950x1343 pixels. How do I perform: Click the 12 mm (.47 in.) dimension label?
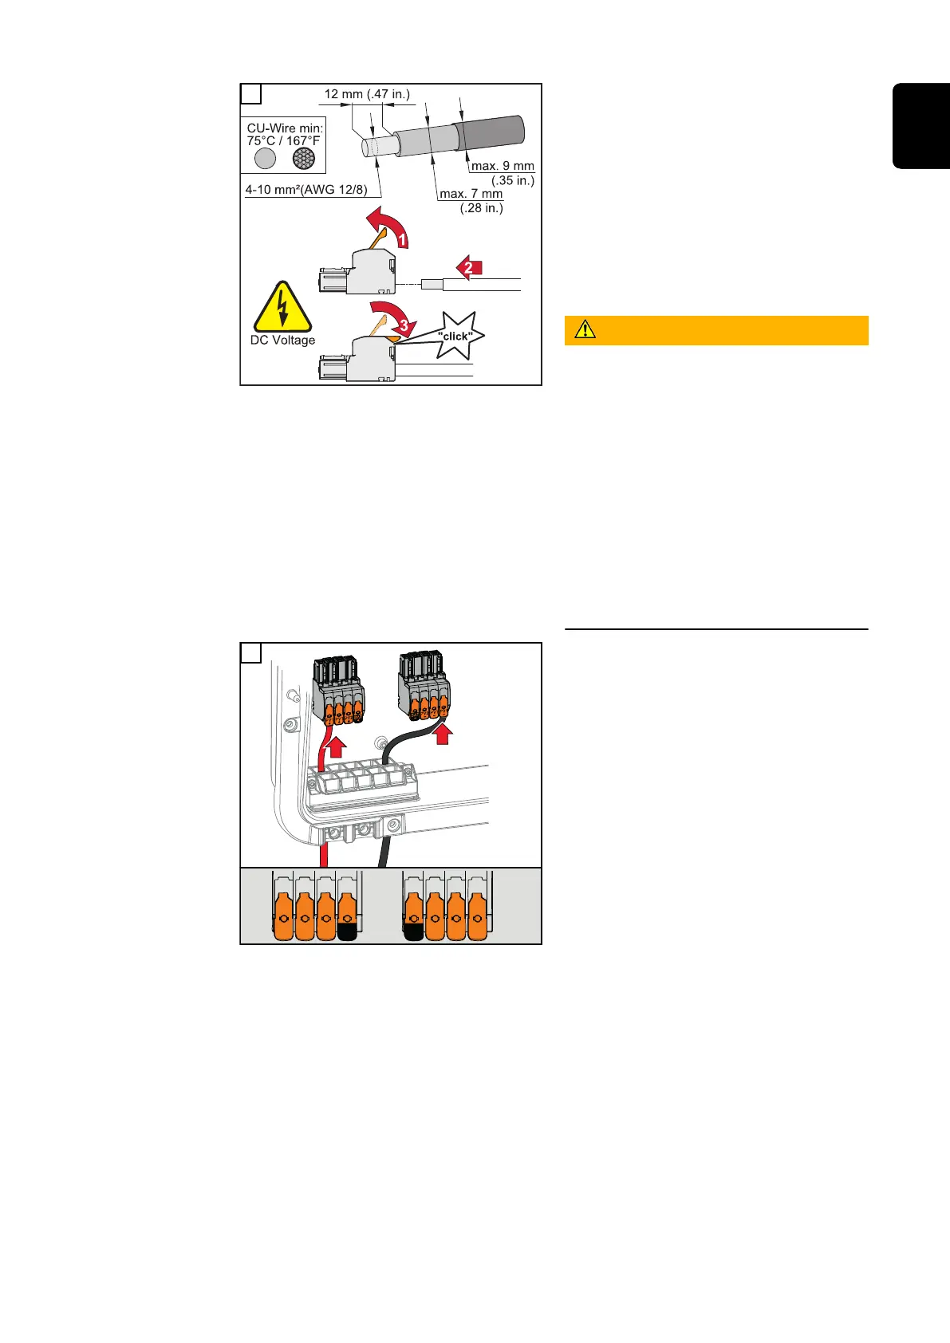point(367,94)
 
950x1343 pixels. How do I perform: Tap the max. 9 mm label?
point(503,166)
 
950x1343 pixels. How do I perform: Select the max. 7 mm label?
point(471,194)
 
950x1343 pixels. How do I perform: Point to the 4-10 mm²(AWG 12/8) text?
point(306,191)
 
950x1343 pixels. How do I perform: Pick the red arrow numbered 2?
point(469,267)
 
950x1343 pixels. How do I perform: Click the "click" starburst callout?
point(455,336)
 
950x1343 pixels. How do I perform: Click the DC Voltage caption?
point(282,341)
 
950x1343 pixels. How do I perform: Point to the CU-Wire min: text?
point(285,128)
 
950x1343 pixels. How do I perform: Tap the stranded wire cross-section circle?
point(303,159)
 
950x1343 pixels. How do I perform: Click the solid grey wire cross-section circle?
point(266,159)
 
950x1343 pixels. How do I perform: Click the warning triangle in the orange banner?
point(585,329)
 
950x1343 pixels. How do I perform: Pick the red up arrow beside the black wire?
point(443,733)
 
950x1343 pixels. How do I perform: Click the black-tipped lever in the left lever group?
point(347,918)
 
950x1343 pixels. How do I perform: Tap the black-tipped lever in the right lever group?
point(413,918)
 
